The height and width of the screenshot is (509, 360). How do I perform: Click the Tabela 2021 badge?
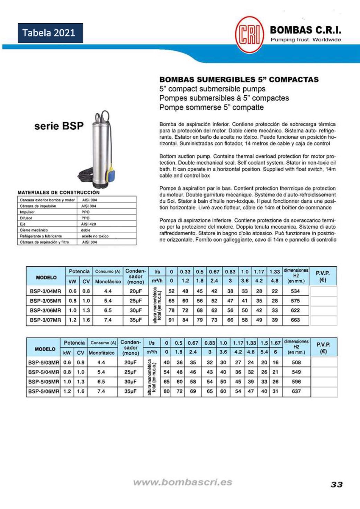coord(50,33)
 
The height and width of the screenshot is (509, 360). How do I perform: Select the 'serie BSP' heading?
coord(59,126)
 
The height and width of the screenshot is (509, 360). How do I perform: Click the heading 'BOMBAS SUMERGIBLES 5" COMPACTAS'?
coord(239,80)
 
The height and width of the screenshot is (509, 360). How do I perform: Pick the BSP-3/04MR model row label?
coord(45,291)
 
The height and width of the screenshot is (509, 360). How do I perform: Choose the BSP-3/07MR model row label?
coord(45,320)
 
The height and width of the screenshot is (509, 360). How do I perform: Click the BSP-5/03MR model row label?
coord(44,363)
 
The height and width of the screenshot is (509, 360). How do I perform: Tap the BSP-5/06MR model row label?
coord(44,391)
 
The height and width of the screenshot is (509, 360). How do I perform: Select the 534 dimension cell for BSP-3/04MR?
coord(295,291)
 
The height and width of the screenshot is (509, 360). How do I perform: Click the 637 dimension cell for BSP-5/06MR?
coord(296,391)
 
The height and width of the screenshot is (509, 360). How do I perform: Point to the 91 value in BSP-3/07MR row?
coord(171,320)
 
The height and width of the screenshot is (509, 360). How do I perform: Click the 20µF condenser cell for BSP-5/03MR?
coord(130,363)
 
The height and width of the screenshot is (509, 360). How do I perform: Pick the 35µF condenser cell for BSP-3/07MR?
coord(136,320)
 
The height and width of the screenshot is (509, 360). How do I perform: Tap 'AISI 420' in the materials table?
coord(89,224)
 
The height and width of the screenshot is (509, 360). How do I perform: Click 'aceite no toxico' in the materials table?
coord(95,236)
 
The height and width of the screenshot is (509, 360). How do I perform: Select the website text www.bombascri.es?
coord(182,482)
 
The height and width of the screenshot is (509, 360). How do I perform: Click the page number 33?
coord(336,484)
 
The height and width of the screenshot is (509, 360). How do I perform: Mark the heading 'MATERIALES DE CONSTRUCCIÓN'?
coord(58,192)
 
